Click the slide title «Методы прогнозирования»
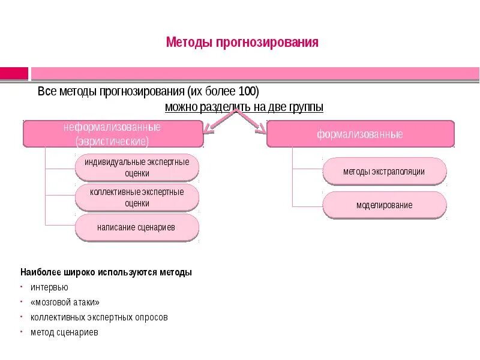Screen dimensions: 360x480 click(242, 43)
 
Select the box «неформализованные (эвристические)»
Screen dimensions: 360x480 click(113, 134)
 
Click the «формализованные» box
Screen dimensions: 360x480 click(360, 134)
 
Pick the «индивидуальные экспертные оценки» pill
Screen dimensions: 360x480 click(137, 167)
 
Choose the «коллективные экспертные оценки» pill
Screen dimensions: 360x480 click(137, 197)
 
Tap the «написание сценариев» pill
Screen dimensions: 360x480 click(137, 228)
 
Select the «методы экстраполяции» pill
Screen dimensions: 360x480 click(384, 172)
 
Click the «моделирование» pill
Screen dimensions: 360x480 click(384, 205)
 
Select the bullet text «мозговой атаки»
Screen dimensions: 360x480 click(65, 302)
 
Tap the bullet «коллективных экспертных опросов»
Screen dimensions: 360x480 click(99, 317)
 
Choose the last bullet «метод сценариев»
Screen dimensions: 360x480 click(64, 332)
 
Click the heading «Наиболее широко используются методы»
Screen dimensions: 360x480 click(106, 272)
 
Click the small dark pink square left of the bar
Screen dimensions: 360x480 click(14, 73)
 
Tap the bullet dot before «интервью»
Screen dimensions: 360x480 click(22, 286)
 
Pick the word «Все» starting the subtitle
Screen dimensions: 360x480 click(47, 92)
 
